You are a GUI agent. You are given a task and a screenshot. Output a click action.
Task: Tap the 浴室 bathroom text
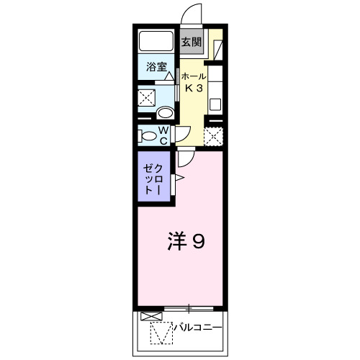157,67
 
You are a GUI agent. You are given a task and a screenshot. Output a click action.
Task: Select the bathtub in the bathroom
156,42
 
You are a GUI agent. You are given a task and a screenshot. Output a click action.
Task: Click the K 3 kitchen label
194,89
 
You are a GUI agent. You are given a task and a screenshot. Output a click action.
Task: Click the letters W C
163,135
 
